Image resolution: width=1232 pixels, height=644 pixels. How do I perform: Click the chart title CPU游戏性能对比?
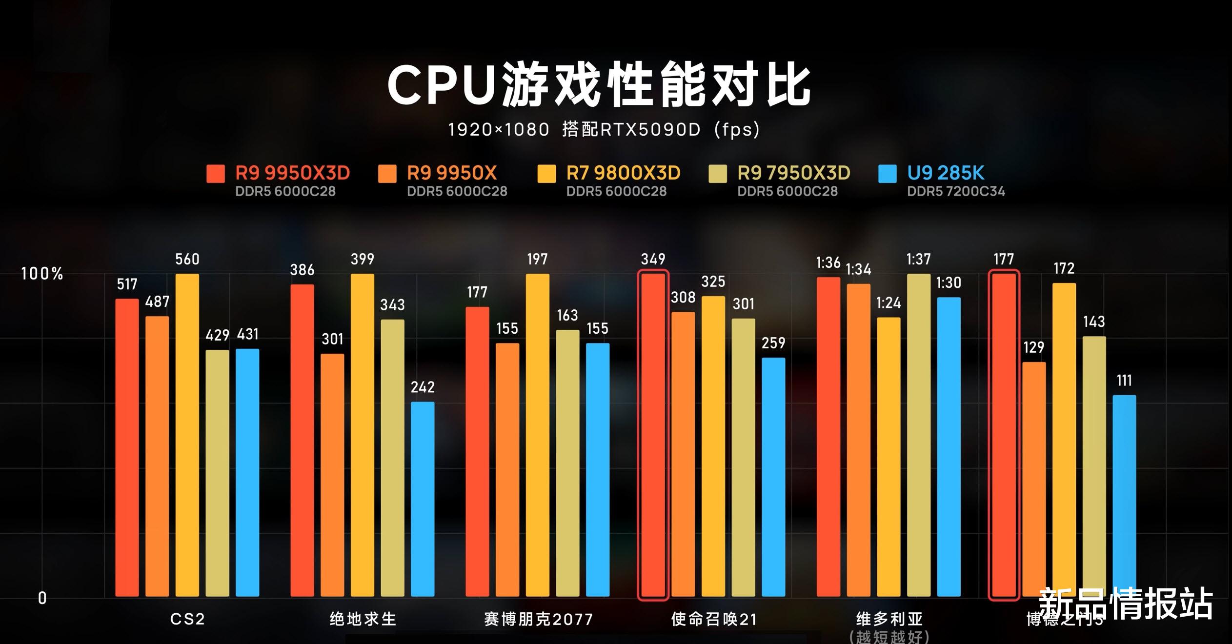[599, 84]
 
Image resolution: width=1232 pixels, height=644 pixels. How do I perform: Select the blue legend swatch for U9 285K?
[887, 174]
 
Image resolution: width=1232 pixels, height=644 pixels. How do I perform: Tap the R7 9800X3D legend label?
[623, 173]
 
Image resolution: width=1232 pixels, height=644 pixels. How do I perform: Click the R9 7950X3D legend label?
[793, 173]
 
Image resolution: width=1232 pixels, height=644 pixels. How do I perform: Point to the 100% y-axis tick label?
[42, 274]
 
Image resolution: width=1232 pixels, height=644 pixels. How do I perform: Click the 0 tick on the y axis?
[42, 598]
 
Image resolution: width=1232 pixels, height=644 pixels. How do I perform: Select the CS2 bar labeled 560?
[187, 434]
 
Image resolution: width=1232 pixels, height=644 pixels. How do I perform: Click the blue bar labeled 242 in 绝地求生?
[423, 499]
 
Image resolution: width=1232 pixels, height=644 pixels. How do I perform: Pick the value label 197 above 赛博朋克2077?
[537, 259]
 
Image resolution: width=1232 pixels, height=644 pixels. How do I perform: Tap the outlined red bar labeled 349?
[653, 434]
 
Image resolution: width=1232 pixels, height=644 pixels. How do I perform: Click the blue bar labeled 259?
[773, 477]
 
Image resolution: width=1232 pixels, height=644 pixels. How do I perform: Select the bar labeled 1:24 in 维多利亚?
[889, 457]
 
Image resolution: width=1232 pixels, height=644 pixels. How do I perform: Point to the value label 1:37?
[918, 259]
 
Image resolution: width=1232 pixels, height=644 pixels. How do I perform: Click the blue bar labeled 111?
[1124, 495]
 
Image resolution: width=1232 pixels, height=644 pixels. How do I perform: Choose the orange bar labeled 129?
[1034, 479]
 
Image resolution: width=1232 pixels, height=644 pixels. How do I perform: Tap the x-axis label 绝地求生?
[363, 619]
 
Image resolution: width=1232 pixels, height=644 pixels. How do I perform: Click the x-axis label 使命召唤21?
[714, 619]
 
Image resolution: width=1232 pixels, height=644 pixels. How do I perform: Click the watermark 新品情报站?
[1126, 604]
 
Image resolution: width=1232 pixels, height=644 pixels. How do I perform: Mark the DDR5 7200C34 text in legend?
[956, 191]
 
